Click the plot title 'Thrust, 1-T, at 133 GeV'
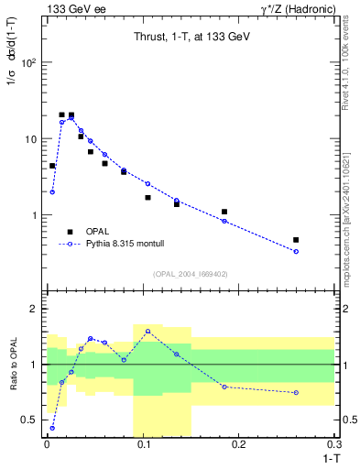tap(190, 37)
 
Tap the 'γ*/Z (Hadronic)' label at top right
tap(296, 8)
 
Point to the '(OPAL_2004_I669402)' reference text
tap(190, 273)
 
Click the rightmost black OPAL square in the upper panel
tap(296, 240)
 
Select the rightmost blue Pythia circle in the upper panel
tap(296, 251)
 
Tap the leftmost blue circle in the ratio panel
tap(52, 428)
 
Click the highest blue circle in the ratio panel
tap(147, 331)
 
